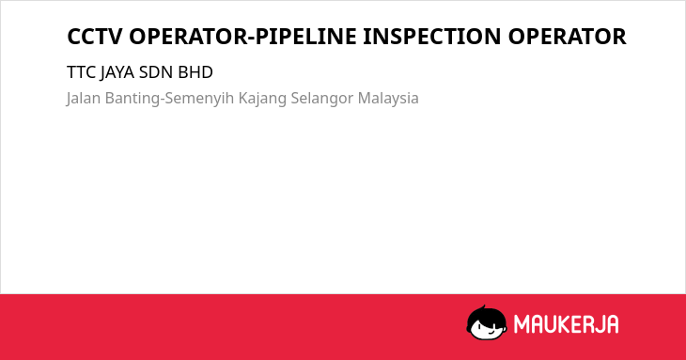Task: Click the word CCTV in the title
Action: [x=94, y=37]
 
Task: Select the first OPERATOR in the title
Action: [x=188, y=37]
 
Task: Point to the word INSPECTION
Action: [x=432, y=37]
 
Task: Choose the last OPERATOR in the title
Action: [x=567, y=37]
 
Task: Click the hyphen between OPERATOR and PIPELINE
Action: [x=251, y=38]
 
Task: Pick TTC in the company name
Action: [x=82, y=72]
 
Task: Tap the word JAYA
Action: [x=117, y=72]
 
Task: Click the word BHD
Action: [x=195, y=72]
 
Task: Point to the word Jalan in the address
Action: [x=84, y=98]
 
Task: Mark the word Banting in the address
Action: [x=133, y=99]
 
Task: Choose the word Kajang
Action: [x=262, y=99]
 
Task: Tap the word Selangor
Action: [x=322, y=99]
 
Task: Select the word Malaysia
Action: [x=388, y=99]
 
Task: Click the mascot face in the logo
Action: [x=487, y=324]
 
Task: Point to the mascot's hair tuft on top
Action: [x=483, y=307]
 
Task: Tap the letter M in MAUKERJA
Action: [x=521, y=324]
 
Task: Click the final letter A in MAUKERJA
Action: [x=613, y=324]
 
